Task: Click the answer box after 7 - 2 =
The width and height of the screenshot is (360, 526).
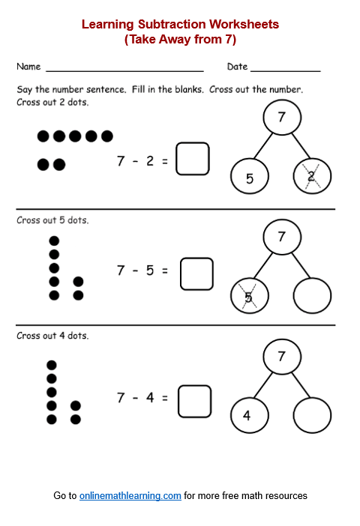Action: [193, 159]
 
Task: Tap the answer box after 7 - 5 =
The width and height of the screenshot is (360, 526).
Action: [196, 273]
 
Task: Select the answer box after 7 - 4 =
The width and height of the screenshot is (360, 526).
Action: [194, 401]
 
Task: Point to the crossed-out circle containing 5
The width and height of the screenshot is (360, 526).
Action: [249, 297]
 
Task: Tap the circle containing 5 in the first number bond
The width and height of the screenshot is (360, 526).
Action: [249, 177]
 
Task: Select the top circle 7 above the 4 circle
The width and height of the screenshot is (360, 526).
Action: [281, 357]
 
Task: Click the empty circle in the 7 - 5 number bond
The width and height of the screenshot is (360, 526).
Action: [312, 297]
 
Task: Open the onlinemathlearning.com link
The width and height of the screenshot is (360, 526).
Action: [130, 496]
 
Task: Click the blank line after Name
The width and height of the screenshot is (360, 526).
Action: [124, 69]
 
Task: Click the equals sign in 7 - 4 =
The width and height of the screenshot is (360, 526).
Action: [165, 398]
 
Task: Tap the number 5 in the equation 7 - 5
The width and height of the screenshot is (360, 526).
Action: [150, 270]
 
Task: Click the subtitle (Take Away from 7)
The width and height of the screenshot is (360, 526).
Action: [180, 40]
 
